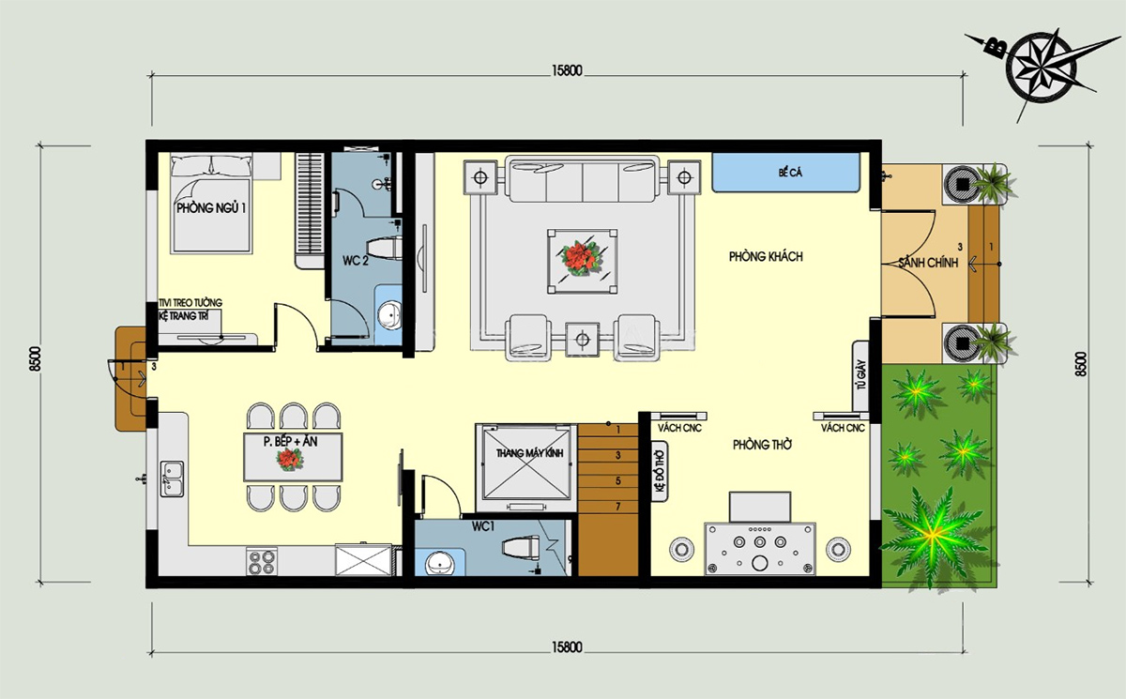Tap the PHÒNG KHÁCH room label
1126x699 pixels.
tap(766, 257)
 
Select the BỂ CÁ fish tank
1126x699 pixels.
tap(785, 173)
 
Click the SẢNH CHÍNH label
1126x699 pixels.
tap(928, 262)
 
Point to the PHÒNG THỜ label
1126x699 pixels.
tap(762, 445)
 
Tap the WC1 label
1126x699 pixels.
tap(483, 526)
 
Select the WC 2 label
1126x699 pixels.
tap(356, 260)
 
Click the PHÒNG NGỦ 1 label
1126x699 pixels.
tap(211, 207)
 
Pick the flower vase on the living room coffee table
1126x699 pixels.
tap(581, 258)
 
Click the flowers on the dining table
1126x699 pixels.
tap(289, 460)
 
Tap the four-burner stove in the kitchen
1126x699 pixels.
tap(262, 561)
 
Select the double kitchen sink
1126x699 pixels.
tap(172, 479)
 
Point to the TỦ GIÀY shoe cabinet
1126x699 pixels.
tap(860, 375)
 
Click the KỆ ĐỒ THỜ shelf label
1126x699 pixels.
tap(660, 471)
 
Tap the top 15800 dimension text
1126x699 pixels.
tap(567, 71)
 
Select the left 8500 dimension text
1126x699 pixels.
tap(36, 358)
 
